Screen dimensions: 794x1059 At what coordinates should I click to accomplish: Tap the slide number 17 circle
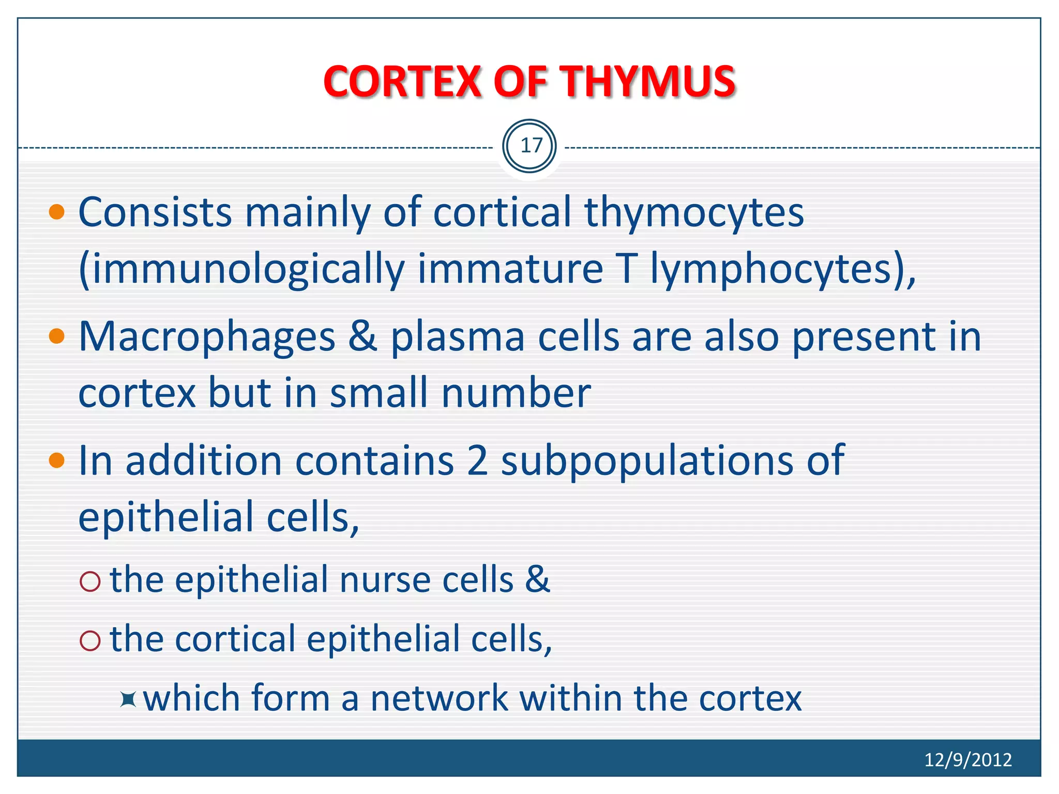tap(529, 146)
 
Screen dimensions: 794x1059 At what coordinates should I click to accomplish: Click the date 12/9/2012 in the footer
tap(967, 760)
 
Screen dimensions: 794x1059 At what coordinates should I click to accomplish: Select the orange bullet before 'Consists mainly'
tap(57, 212)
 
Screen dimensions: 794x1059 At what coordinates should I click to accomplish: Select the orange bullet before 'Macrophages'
tap(57, 337)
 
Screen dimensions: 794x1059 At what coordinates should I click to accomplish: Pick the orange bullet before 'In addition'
tap(57, 460)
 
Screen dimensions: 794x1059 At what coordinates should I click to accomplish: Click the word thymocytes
tap(694, 213)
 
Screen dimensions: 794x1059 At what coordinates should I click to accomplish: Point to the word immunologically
tap(241, 270)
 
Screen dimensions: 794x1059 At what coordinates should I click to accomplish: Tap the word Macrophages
tap(207, 338)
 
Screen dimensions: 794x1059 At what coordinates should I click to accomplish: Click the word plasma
tap(457, 338)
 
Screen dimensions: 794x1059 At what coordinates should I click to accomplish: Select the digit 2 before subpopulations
tap(477, 461)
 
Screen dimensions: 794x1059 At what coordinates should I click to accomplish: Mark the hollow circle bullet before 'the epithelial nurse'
tap(90, 582)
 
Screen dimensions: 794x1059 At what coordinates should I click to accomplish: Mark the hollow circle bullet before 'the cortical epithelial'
tap(90, 641)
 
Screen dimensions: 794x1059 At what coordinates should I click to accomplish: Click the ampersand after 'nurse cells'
tap(537, 580)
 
